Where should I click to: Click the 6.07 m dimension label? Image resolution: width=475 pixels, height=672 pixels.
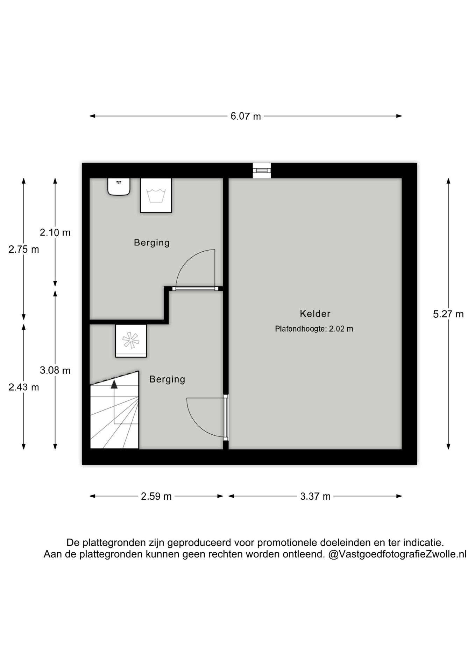[x=246, y=116]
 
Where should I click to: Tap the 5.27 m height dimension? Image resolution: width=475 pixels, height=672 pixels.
[x=448, y=314]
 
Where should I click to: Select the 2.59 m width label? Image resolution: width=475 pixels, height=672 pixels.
[x=156, y=496]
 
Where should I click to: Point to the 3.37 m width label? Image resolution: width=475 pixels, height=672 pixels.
[x=315, y=496]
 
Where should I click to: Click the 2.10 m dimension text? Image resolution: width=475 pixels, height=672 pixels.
[x=55, y=232]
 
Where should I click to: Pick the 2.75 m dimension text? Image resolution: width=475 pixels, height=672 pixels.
[x=23, y=250]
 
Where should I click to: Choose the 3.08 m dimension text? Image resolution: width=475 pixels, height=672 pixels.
[x=55, y=370]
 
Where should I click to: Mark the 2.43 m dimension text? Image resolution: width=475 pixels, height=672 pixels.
[x=23, y=387]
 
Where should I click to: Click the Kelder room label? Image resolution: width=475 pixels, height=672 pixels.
[x=315, y=314]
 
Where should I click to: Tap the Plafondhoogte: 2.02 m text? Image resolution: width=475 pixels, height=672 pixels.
[x=314, y=329]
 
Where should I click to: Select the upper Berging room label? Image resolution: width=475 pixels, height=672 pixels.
[x=151, y=243]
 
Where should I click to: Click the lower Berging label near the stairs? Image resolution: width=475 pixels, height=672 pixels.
[x=167, y=379]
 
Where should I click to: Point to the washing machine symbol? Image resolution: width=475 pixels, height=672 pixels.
[x=156, y=195]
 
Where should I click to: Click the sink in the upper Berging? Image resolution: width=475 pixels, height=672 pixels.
[x=119, y=187]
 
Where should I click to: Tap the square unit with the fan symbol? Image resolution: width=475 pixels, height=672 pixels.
[x=131, y=341]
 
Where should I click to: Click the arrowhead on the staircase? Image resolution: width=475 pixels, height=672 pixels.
[x=114, y=384]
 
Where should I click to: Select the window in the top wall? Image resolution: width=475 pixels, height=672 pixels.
[x=262, y=170]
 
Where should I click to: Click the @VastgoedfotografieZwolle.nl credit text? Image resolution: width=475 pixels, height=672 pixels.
[x=397, y=554]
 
